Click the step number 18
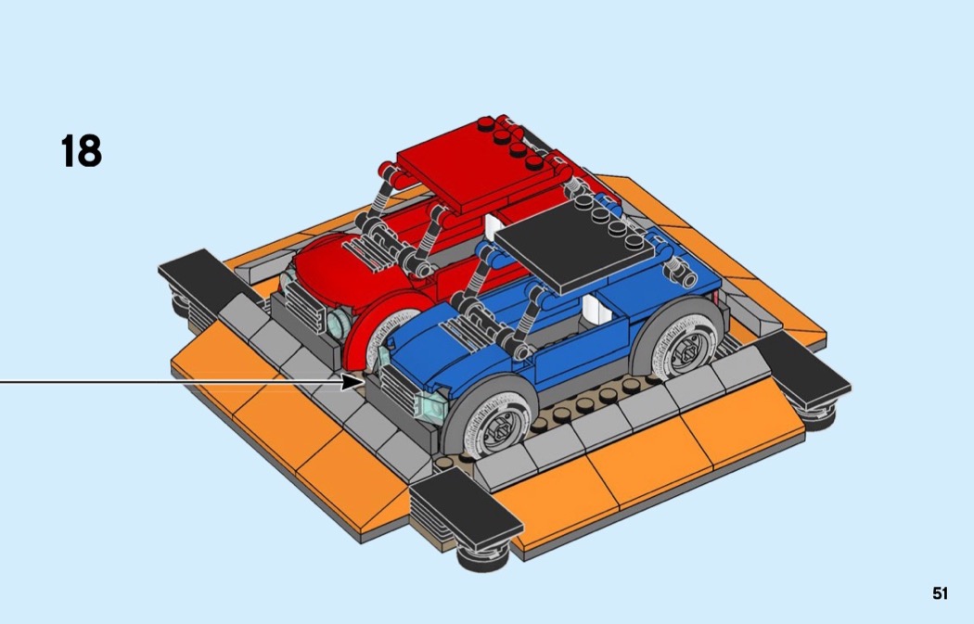(82, 151)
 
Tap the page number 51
(940, 593)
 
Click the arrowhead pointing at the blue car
(353, 381)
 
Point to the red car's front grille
(304, 307)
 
